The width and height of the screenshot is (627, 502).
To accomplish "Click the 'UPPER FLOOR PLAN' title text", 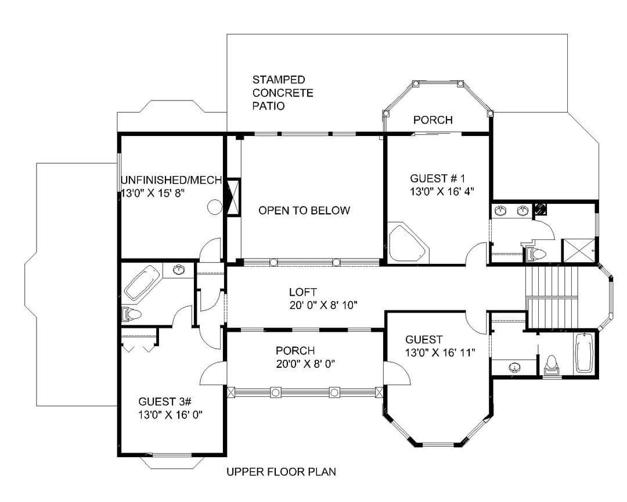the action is (x=281, y=472).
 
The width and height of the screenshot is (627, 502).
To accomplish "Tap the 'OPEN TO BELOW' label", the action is (x=304, y=210).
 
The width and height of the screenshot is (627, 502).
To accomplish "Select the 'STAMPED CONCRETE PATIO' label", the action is (x=283, y=93).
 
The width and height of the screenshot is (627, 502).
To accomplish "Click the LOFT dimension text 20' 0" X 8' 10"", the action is (x=323, y=306).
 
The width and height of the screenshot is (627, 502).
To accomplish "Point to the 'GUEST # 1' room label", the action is (x=438, y=178).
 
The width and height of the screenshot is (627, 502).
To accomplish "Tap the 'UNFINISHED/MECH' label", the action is (x=171, y=180).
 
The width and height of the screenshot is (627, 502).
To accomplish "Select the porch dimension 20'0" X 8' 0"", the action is (x=305, y=364).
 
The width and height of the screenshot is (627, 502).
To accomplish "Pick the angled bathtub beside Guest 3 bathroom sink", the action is (x=142, y=282).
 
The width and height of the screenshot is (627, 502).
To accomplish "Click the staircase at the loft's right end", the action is (x=552, y=297).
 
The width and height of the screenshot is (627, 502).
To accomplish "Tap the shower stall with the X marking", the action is (x=579, y=251).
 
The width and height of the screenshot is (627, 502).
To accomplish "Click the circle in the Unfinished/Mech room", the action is (x=215, y=207).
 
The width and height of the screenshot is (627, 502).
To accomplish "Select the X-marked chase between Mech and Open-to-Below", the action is (x=233, y=198).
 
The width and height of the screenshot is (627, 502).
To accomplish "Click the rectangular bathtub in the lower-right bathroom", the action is (x=585, y=353).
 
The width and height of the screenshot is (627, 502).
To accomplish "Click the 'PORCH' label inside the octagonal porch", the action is (x=433, y=120).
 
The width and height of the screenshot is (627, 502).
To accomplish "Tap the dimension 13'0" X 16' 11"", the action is (x=440, y=353).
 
